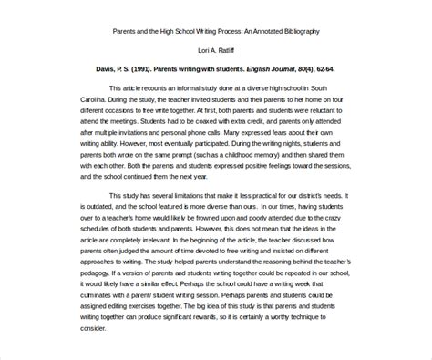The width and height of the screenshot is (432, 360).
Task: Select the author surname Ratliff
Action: click(x=227, y=51)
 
